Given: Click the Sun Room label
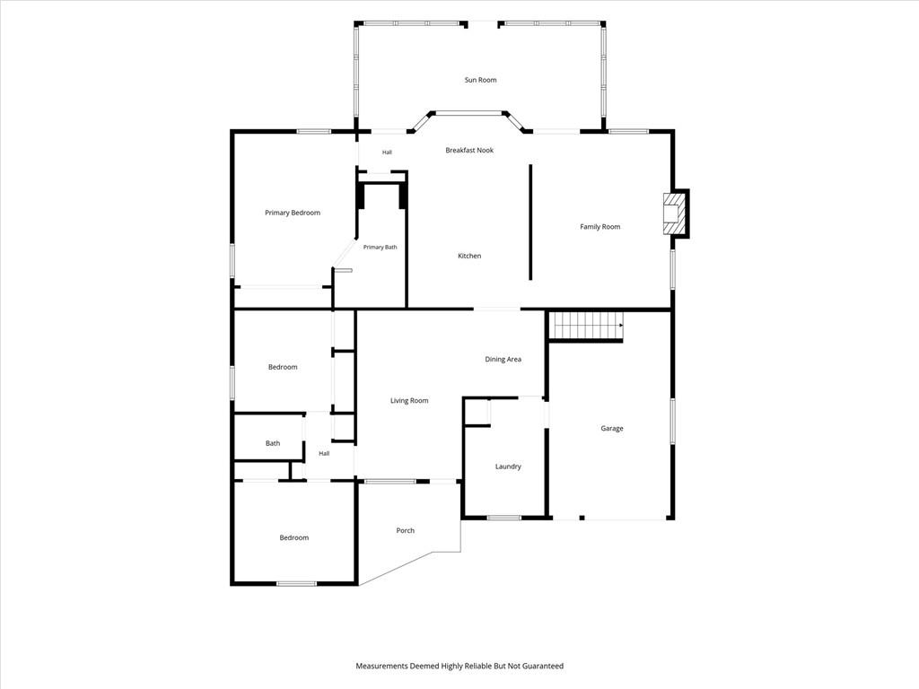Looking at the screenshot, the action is tap(481, 80).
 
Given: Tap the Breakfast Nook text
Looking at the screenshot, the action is tap(469, 151).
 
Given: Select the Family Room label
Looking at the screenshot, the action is tap(600, 227).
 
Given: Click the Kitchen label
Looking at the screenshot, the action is tap(469, 256).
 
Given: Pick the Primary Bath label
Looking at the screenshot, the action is tap(380, 248).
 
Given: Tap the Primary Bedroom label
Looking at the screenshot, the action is tap(293, 213).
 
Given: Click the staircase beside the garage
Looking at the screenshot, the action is tap(586, 326).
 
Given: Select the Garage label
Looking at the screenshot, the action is tap(612, 428).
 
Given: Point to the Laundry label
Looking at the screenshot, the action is tap(508, 467).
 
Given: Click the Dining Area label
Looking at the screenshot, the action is tap(503, 359).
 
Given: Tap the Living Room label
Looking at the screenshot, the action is tap(409, 401).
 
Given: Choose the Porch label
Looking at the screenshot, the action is tap(405, 531).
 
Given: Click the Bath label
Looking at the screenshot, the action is tap(273, 443).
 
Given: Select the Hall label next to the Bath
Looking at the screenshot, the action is tap(324, 453).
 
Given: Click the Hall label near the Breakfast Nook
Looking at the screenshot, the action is tap(387, 153).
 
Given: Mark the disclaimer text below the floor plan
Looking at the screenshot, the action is tap(459, 667).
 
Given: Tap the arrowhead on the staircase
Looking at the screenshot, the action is tap(620, 324).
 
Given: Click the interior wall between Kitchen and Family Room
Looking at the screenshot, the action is tap(530, 222).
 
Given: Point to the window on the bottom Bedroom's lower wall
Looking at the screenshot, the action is tap(296, 583).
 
